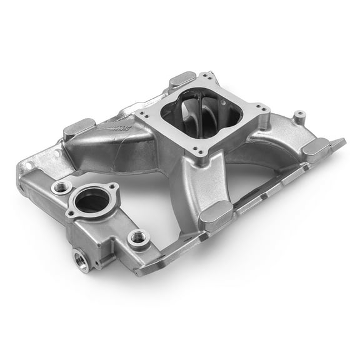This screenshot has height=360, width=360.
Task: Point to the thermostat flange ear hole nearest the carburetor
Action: pos(113,187)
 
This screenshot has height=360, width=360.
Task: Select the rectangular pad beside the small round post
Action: pos(317,147)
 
